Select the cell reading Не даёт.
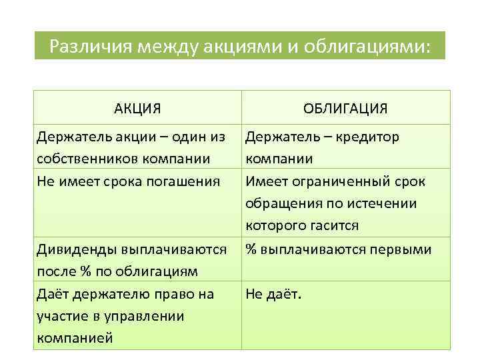(273, 294)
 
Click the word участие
(62, 315)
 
